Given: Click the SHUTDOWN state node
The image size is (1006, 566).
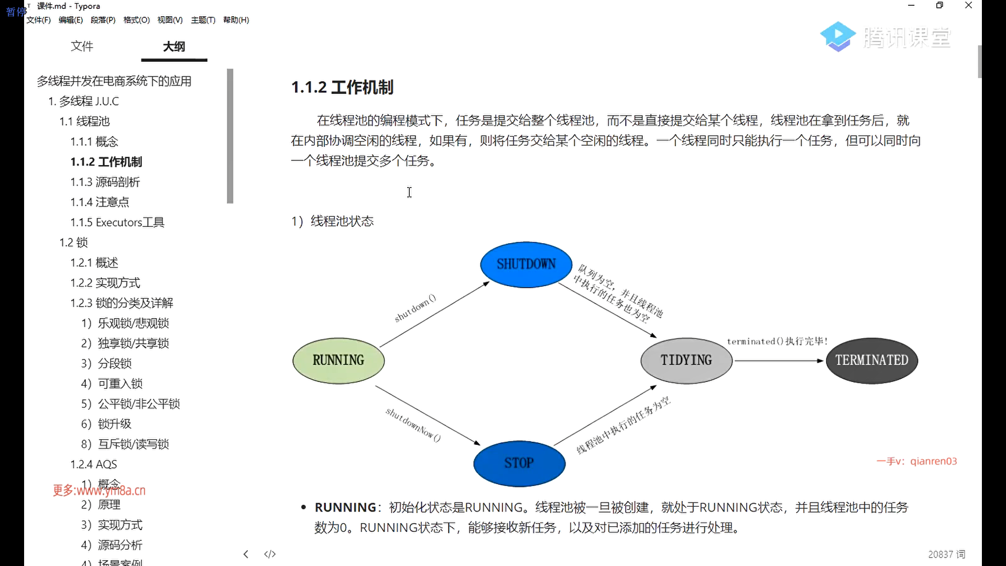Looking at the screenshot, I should click(526, 264).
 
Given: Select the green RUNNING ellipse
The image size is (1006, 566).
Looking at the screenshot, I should click(338, 361).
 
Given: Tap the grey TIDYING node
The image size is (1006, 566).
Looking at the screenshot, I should click(686, 361).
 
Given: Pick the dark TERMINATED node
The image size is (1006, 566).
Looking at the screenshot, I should click(872, 361).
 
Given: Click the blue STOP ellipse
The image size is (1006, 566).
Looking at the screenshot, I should click(519, 463).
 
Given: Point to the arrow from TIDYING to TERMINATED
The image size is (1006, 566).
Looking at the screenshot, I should click(779, 361).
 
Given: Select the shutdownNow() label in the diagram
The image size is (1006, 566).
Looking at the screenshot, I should click(413, 424).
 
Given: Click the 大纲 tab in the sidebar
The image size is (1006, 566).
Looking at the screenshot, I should click(174, 47).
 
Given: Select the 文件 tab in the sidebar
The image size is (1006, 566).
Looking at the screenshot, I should click(82, 47).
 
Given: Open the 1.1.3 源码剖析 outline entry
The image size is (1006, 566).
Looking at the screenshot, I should click(105, 182).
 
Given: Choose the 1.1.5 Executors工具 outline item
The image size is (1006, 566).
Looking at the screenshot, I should click(117, 222).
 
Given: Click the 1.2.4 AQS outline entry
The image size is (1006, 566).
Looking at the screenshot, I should click(94, 464).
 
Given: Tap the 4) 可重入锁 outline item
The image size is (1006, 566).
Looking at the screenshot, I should click(112, 384).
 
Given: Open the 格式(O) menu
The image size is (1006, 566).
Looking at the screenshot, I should click(137, 20).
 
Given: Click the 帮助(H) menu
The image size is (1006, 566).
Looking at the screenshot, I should click(236, 20).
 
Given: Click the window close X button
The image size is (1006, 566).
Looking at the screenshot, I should click(969, 6).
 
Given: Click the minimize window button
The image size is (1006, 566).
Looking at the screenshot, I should click(911, 6).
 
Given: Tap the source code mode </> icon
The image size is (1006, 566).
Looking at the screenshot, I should click(270, 554).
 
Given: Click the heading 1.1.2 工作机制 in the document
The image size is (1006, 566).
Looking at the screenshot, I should click(342, 87).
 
